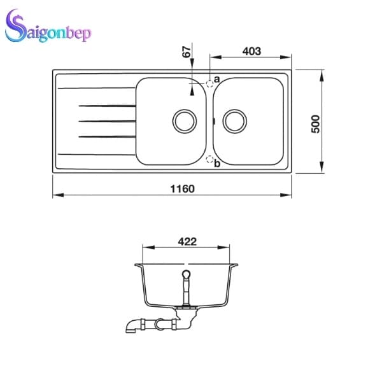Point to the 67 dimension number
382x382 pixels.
[187, 53]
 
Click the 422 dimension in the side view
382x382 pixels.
[186, 241]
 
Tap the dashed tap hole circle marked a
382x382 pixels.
[209, 82]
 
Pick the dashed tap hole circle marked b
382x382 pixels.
[209, 159]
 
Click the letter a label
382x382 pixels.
[216, 79]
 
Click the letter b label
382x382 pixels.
[217, 164]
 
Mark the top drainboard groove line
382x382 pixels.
[106, 104]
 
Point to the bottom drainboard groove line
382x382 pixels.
[106, 136]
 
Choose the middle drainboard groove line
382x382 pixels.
[106, 120]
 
